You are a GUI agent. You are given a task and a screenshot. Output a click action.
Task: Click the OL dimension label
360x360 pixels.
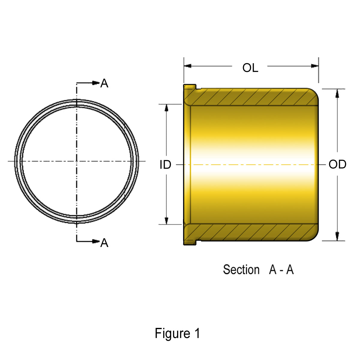250,68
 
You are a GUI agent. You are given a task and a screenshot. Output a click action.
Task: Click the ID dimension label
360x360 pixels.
165,165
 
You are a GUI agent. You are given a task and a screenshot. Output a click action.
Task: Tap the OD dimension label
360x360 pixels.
337,164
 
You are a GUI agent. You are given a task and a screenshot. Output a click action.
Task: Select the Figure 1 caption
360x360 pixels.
177,333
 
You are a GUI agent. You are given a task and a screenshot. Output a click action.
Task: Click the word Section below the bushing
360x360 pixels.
241,270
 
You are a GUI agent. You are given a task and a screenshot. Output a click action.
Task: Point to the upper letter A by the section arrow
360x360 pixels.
104,83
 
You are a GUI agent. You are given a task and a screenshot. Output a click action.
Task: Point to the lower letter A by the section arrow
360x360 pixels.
104,243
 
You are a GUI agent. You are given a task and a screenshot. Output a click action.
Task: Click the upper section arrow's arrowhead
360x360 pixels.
96,82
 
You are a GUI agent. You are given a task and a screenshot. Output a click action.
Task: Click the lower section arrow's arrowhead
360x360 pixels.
96,241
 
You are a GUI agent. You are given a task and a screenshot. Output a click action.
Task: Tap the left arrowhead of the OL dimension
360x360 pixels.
187,66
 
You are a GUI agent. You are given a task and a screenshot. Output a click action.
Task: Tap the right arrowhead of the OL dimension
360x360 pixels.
315,66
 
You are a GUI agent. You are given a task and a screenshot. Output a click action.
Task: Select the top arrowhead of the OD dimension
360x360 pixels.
337,93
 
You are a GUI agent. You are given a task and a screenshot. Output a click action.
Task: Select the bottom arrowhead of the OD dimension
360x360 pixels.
337,236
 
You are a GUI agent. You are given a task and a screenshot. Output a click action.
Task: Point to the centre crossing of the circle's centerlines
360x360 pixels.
77,161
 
